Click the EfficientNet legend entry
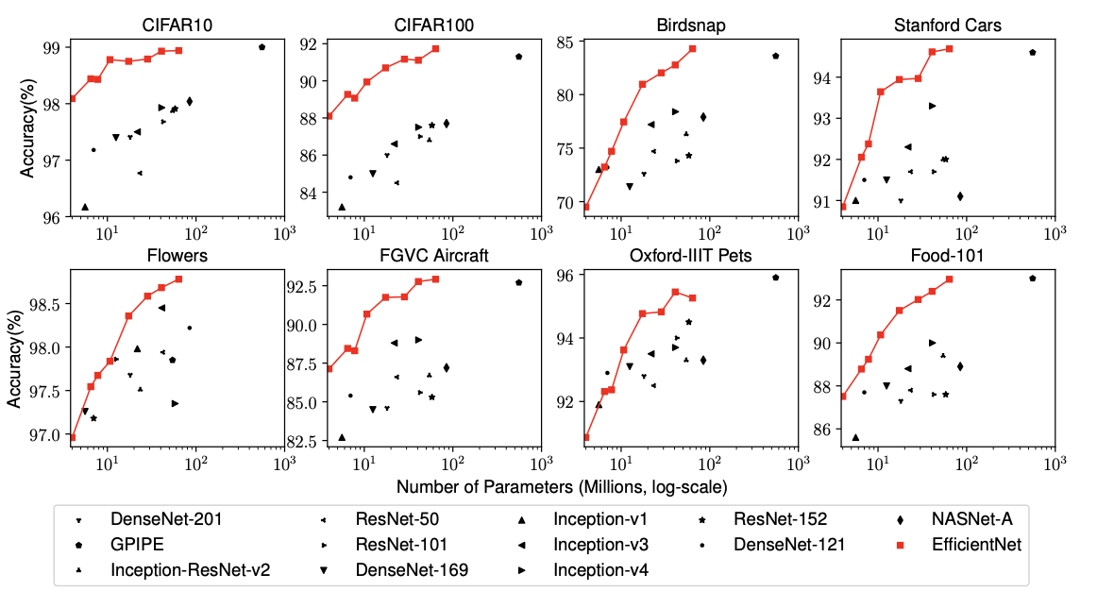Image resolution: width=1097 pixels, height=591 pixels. (976, 544)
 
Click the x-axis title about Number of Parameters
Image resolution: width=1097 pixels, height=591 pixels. (562, 487)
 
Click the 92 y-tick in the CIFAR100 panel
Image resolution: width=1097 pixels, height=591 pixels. (309, 43)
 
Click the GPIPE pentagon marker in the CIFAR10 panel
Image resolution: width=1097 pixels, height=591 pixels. (262, 46)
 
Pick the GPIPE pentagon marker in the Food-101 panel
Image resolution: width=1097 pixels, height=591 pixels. (1033, 279)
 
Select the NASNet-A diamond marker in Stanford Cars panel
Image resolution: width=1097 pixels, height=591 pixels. (960, 196)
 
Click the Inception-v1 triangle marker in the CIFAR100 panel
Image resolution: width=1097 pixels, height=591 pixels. (342, 207)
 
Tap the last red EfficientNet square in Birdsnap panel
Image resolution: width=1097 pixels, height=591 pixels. (692, 48)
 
